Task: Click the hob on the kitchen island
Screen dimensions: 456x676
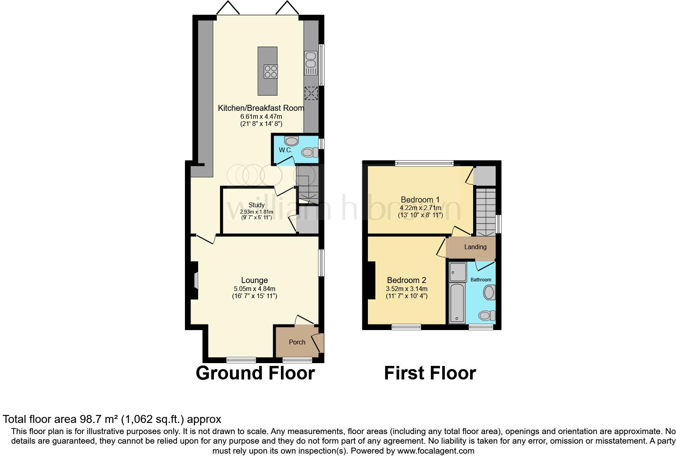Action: [271, 72]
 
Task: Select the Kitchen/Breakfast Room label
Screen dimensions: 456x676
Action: [261, 108]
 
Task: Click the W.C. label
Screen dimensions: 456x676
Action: [285, 150]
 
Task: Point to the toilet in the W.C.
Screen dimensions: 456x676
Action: [309, 152]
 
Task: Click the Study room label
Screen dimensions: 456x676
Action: [256, 205]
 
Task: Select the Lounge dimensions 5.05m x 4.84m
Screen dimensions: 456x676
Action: [254, 289]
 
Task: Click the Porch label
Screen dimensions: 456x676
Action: [297, 342]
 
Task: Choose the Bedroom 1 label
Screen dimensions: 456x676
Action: [420, 200]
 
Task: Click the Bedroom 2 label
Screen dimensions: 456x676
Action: [407, 280]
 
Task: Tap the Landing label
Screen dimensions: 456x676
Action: [475, 247]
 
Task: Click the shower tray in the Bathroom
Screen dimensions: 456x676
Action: [458, 272]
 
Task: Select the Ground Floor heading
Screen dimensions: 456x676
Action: [255, 373]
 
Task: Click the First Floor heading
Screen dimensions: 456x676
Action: [430, 373]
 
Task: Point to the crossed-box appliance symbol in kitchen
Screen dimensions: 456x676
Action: [311, 93]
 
